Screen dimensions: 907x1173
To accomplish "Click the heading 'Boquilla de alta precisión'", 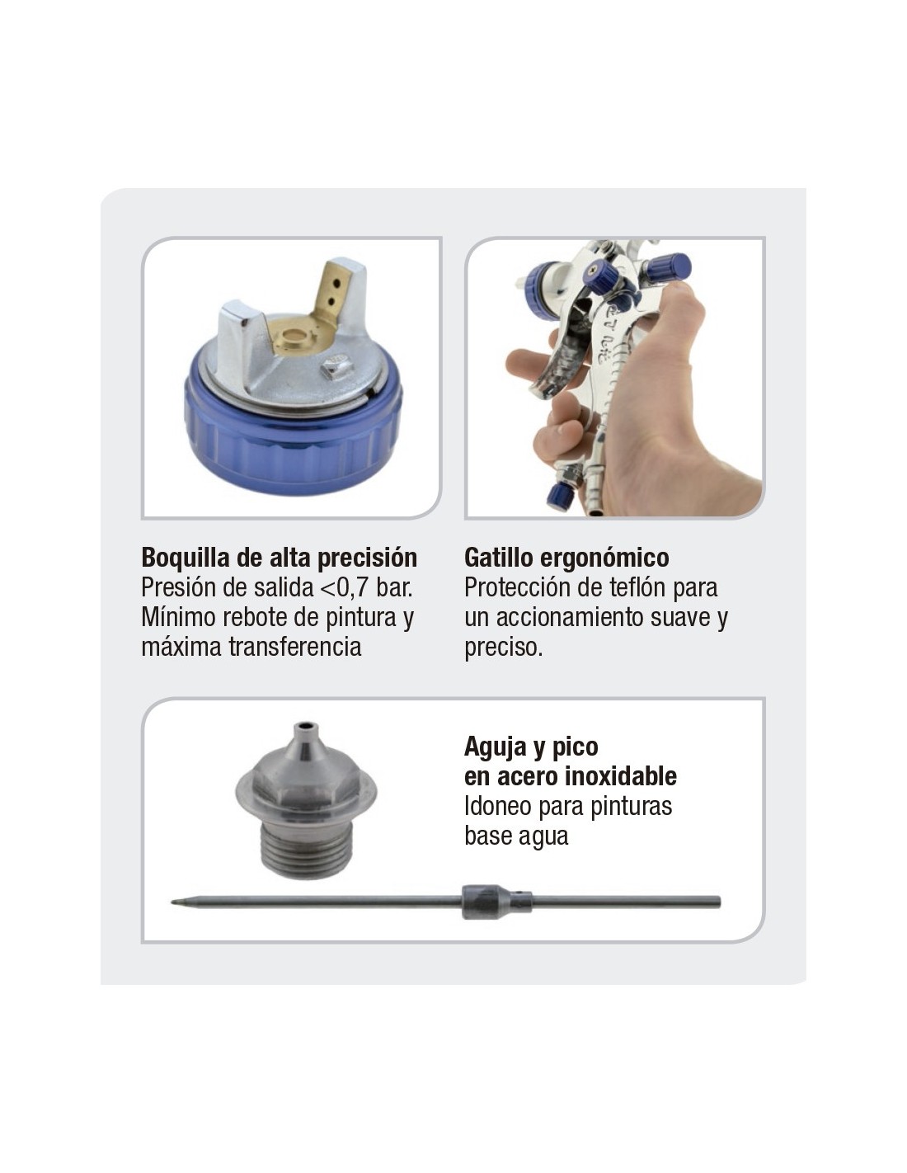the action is pyautogui.click(x=279, y=558).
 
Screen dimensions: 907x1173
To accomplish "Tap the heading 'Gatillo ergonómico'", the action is pyautogui.click(x=566, y=558).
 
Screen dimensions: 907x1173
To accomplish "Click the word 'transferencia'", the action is pyautogui.click(x=294, y=647).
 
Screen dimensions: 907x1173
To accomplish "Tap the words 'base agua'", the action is pyautogui.click(x=516, y=836).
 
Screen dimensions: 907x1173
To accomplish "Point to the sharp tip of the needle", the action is pyautogui.click(x=172, y=902).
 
